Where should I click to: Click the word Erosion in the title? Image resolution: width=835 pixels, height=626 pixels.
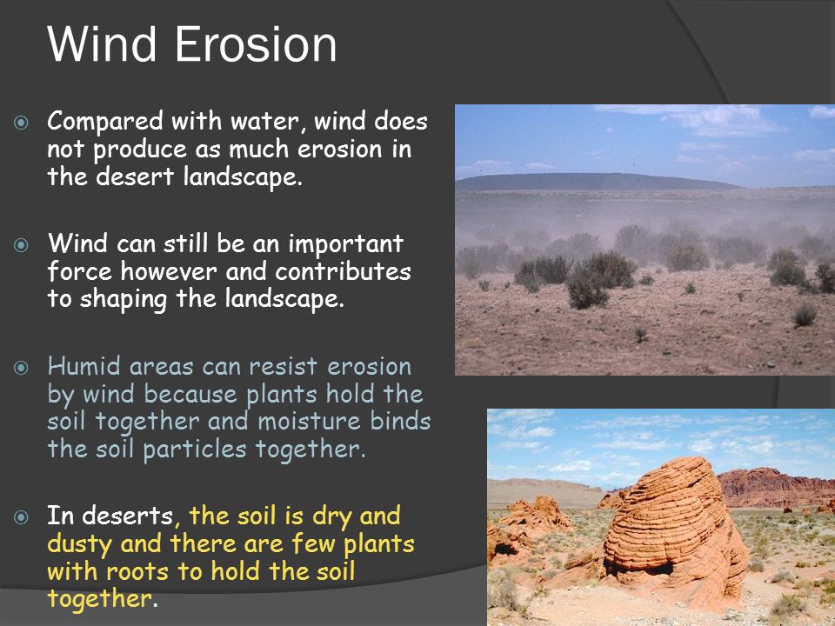[256, 44]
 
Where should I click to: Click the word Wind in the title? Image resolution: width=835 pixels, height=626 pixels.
[102, 44]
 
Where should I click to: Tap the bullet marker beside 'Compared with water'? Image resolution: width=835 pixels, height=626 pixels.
[21, 123]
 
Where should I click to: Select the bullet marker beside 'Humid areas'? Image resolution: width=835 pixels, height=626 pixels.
[21, 367]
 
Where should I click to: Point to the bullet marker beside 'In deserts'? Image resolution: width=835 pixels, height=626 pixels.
[21, 516]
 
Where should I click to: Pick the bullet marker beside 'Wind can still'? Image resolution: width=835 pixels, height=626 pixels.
[21, 245]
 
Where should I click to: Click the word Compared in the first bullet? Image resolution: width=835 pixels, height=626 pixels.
[105, 122]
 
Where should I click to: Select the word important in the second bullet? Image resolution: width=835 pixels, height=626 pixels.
[345, 244]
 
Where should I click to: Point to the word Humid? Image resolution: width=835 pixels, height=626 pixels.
[84, 366]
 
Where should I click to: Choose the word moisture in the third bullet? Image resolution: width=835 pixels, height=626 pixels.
[310, 421]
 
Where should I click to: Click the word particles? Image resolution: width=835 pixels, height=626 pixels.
[195, 450]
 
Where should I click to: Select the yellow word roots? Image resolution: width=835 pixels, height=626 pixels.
[137, 572]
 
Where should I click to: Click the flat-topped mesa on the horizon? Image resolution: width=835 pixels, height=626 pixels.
[597, 182]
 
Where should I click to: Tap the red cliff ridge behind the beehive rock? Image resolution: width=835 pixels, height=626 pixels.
[775, 487]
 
